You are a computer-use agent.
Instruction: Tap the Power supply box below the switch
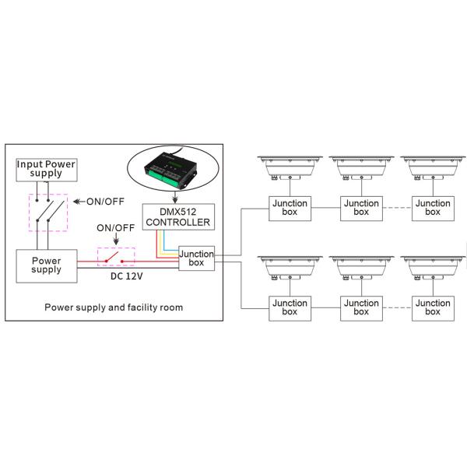[46, 265]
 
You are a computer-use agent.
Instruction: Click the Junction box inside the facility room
[196, 259]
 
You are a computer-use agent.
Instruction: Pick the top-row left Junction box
[290, 208]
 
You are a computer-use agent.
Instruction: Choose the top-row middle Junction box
[361, 208]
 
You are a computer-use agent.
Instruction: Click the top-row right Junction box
[433, 208]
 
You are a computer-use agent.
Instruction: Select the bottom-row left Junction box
[290, 307]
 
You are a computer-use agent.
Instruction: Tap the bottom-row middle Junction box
[361, 307]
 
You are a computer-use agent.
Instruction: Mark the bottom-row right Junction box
[433, 307]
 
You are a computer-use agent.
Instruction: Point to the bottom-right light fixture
[433, 268]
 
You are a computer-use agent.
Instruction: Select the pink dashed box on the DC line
[115, 258]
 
